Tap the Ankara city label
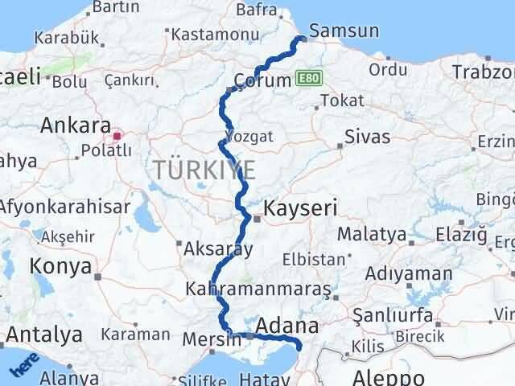(76, 126)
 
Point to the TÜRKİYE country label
(205, 170)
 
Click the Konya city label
(61, 266)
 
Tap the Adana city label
(286, 326)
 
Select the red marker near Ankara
(117, 136)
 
